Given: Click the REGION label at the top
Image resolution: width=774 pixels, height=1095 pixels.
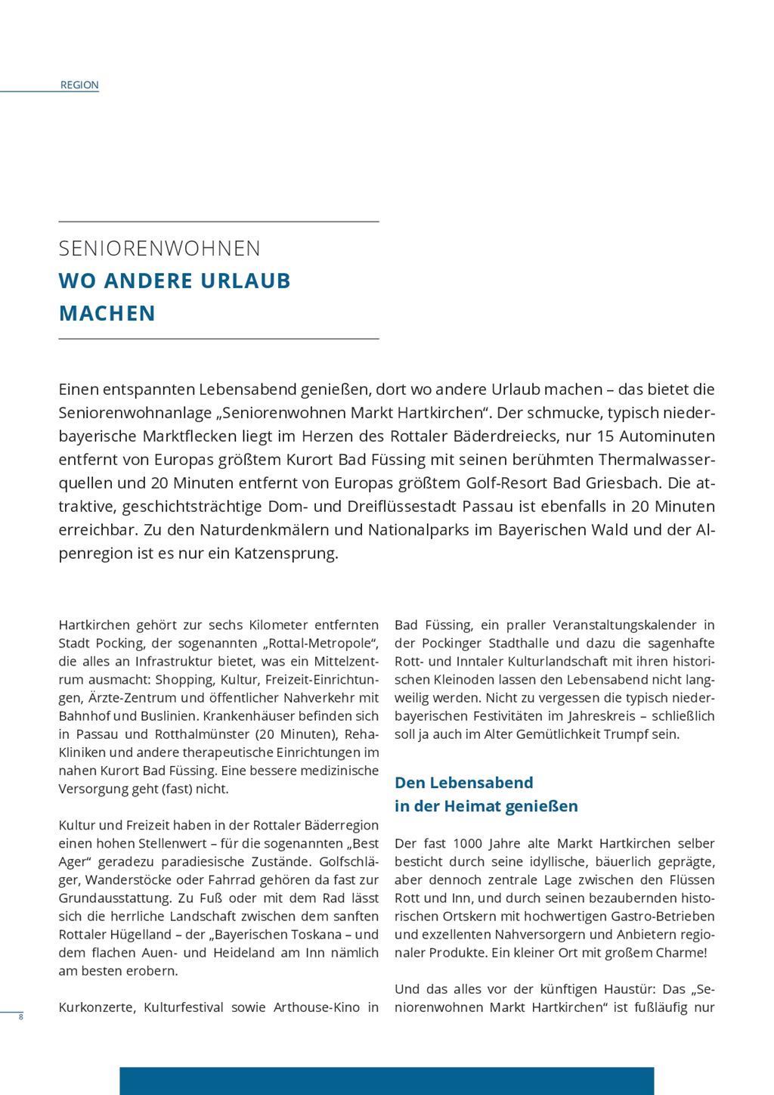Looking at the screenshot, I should pyautogui.click(x=79, y=85).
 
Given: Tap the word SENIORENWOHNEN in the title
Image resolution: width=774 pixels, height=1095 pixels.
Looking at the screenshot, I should pyautogui.click(x=159, y=249).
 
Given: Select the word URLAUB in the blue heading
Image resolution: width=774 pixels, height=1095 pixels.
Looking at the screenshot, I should pyautogui.click(x=246, y=281).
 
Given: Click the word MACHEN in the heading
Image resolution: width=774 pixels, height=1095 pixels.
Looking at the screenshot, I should pyautogui.click(x=107, y=313).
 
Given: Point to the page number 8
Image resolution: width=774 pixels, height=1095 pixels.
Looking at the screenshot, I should pyautogui.click(x=21, y=1017).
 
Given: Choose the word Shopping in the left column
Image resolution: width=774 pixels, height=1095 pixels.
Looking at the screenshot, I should pyautogui.click(x=184, y=680).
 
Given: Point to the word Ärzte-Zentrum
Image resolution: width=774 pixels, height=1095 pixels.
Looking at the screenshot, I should pyautogui.click(x=129, y=698).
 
